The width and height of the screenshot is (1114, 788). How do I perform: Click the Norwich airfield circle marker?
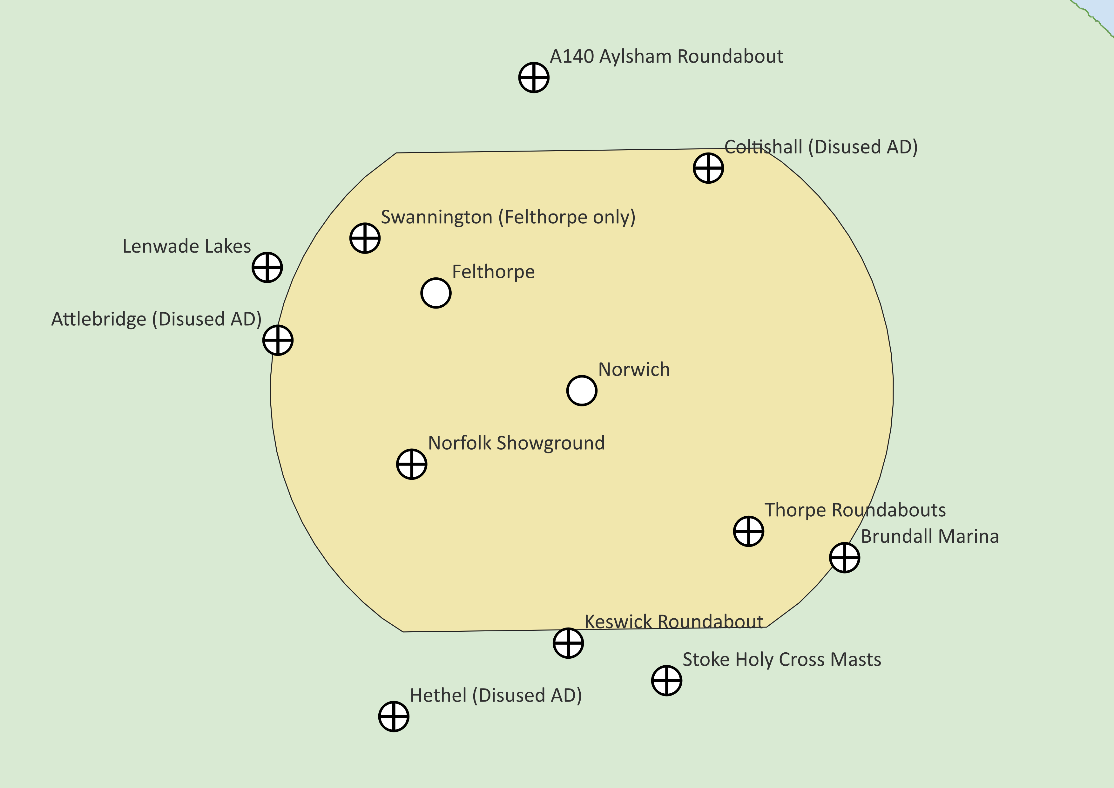click(x=582, y=391)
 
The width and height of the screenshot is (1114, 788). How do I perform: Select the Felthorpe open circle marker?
click(x=436, y=293)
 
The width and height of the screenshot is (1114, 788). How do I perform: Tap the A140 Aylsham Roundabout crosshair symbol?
click(x=534, y=77)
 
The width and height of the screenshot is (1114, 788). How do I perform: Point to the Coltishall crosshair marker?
click(x=708, y=168)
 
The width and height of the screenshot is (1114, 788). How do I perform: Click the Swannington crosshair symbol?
click(x=365, y=238)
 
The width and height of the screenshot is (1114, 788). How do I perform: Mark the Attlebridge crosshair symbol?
click(x=278, y=340)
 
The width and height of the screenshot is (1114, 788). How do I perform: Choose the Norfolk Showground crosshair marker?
click(x=411, y=464)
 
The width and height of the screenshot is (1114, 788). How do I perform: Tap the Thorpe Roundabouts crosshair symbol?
click(x=749, y=531)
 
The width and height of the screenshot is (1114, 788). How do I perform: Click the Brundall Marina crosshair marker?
click(x=845, y=558)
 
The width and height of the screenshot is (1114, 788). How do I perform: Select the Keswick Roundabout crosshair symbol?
click(x=568, y=643)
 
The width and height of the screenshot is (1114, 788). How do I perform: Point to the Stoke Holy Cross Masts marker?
click(x=667, y=680)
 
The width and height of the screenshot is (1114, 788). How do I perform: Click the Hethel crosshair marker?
click(x=394, y=716)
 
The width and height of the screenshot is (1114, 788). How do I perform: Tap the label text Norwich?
click(x=634, y=370)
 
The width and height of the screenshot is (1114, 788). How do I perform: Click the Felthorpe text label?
click(x=493, y=272)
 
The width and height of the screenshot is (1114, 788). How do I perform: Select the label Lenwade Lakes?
click(x=186, y=247)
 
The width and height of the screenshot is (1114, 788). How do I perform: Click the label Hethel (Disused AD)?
click(x=496, y=695)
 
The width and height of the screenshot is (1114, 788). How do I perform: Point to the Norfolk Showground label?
click(x=516, y=443)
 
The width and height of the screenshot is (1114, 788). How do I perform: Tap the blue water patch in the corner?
click(x=1104, y=10)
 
